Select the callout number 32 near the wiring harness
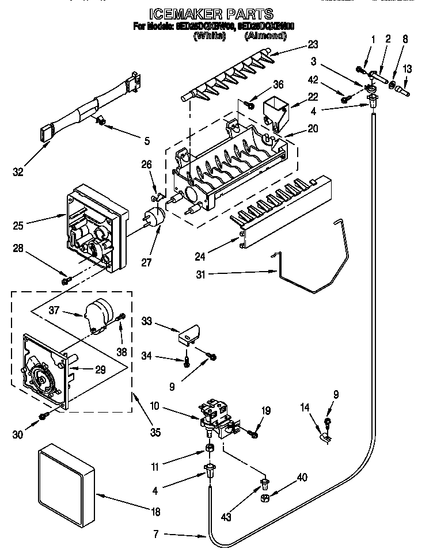pos(18,172)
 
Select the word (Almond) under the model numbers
pos(265,36)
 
